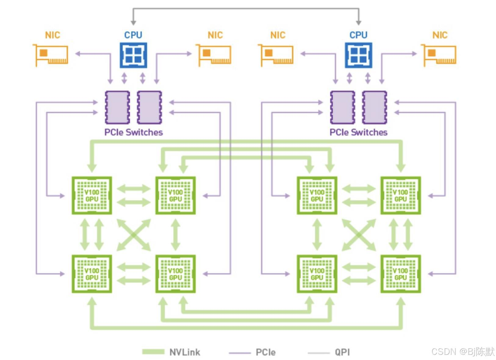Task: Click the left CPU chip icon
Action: pyautogui.click(x=133, y=55)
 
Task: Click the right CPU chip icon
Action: pyautogui.click(x=358, y=55)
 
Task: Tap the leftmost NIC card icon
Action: pyautogui.click(x=51, y=55)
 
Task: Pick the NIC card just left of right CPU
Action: pyautogui.click(x=276, y=55)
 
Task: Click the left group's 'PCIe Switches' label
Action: pyautogui.click(x=134, y=132)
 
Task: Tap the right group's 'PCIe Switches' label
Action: pyautogui.click(x=358, y=132)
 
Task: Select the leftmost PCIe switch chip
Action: pyautogui.click(x=117, y=107)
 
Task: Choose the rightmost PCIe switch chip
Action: pyautogui.click(x=375, y=107)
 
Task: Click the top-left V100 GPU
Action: pyautogui.click(x=92, y=195)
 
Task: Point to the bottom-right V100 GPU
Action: pyautogui.click(x=401, y=274)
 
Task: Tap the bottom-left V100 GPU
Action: pyautogui.click(x=92, y=274)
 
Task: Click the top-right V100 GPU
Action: pyautogui.click(x=401, y=195)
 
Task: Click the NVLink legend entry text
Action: pyautogui.click(x=185, y=352)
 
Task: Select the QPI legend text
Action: pyautogui.click(x=342, y=352)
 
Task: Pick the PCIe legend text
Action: pyautogui.click(x=265, y=352)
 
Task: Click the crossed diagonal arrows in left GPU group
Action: pyautogui.click(x=134, y=235)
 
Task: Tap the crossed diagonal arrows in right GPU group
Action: pyautogui.click(x=359, y=235)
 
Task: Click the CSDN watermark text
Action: pyautogui.click(x=462, y=351)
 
